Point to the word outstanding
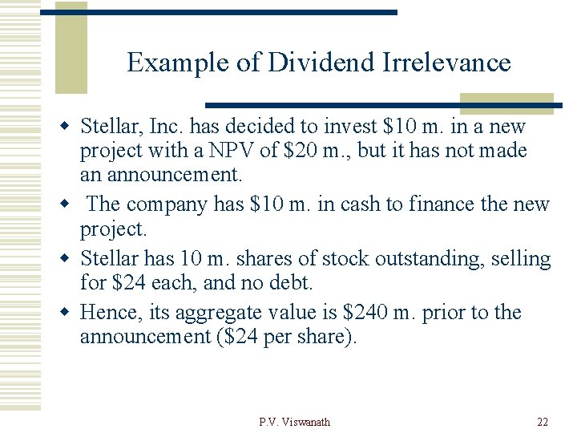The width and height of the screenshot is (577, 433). click(x=423, y=259)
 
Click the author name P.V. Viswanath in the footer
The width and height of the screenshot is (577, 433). click(x=295, y=422)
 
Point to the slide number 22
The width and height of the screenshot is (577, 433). click(x=542, y=422)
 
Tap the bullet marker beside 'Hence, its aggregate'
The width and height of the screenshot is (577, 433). click(x=69, y=313)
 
